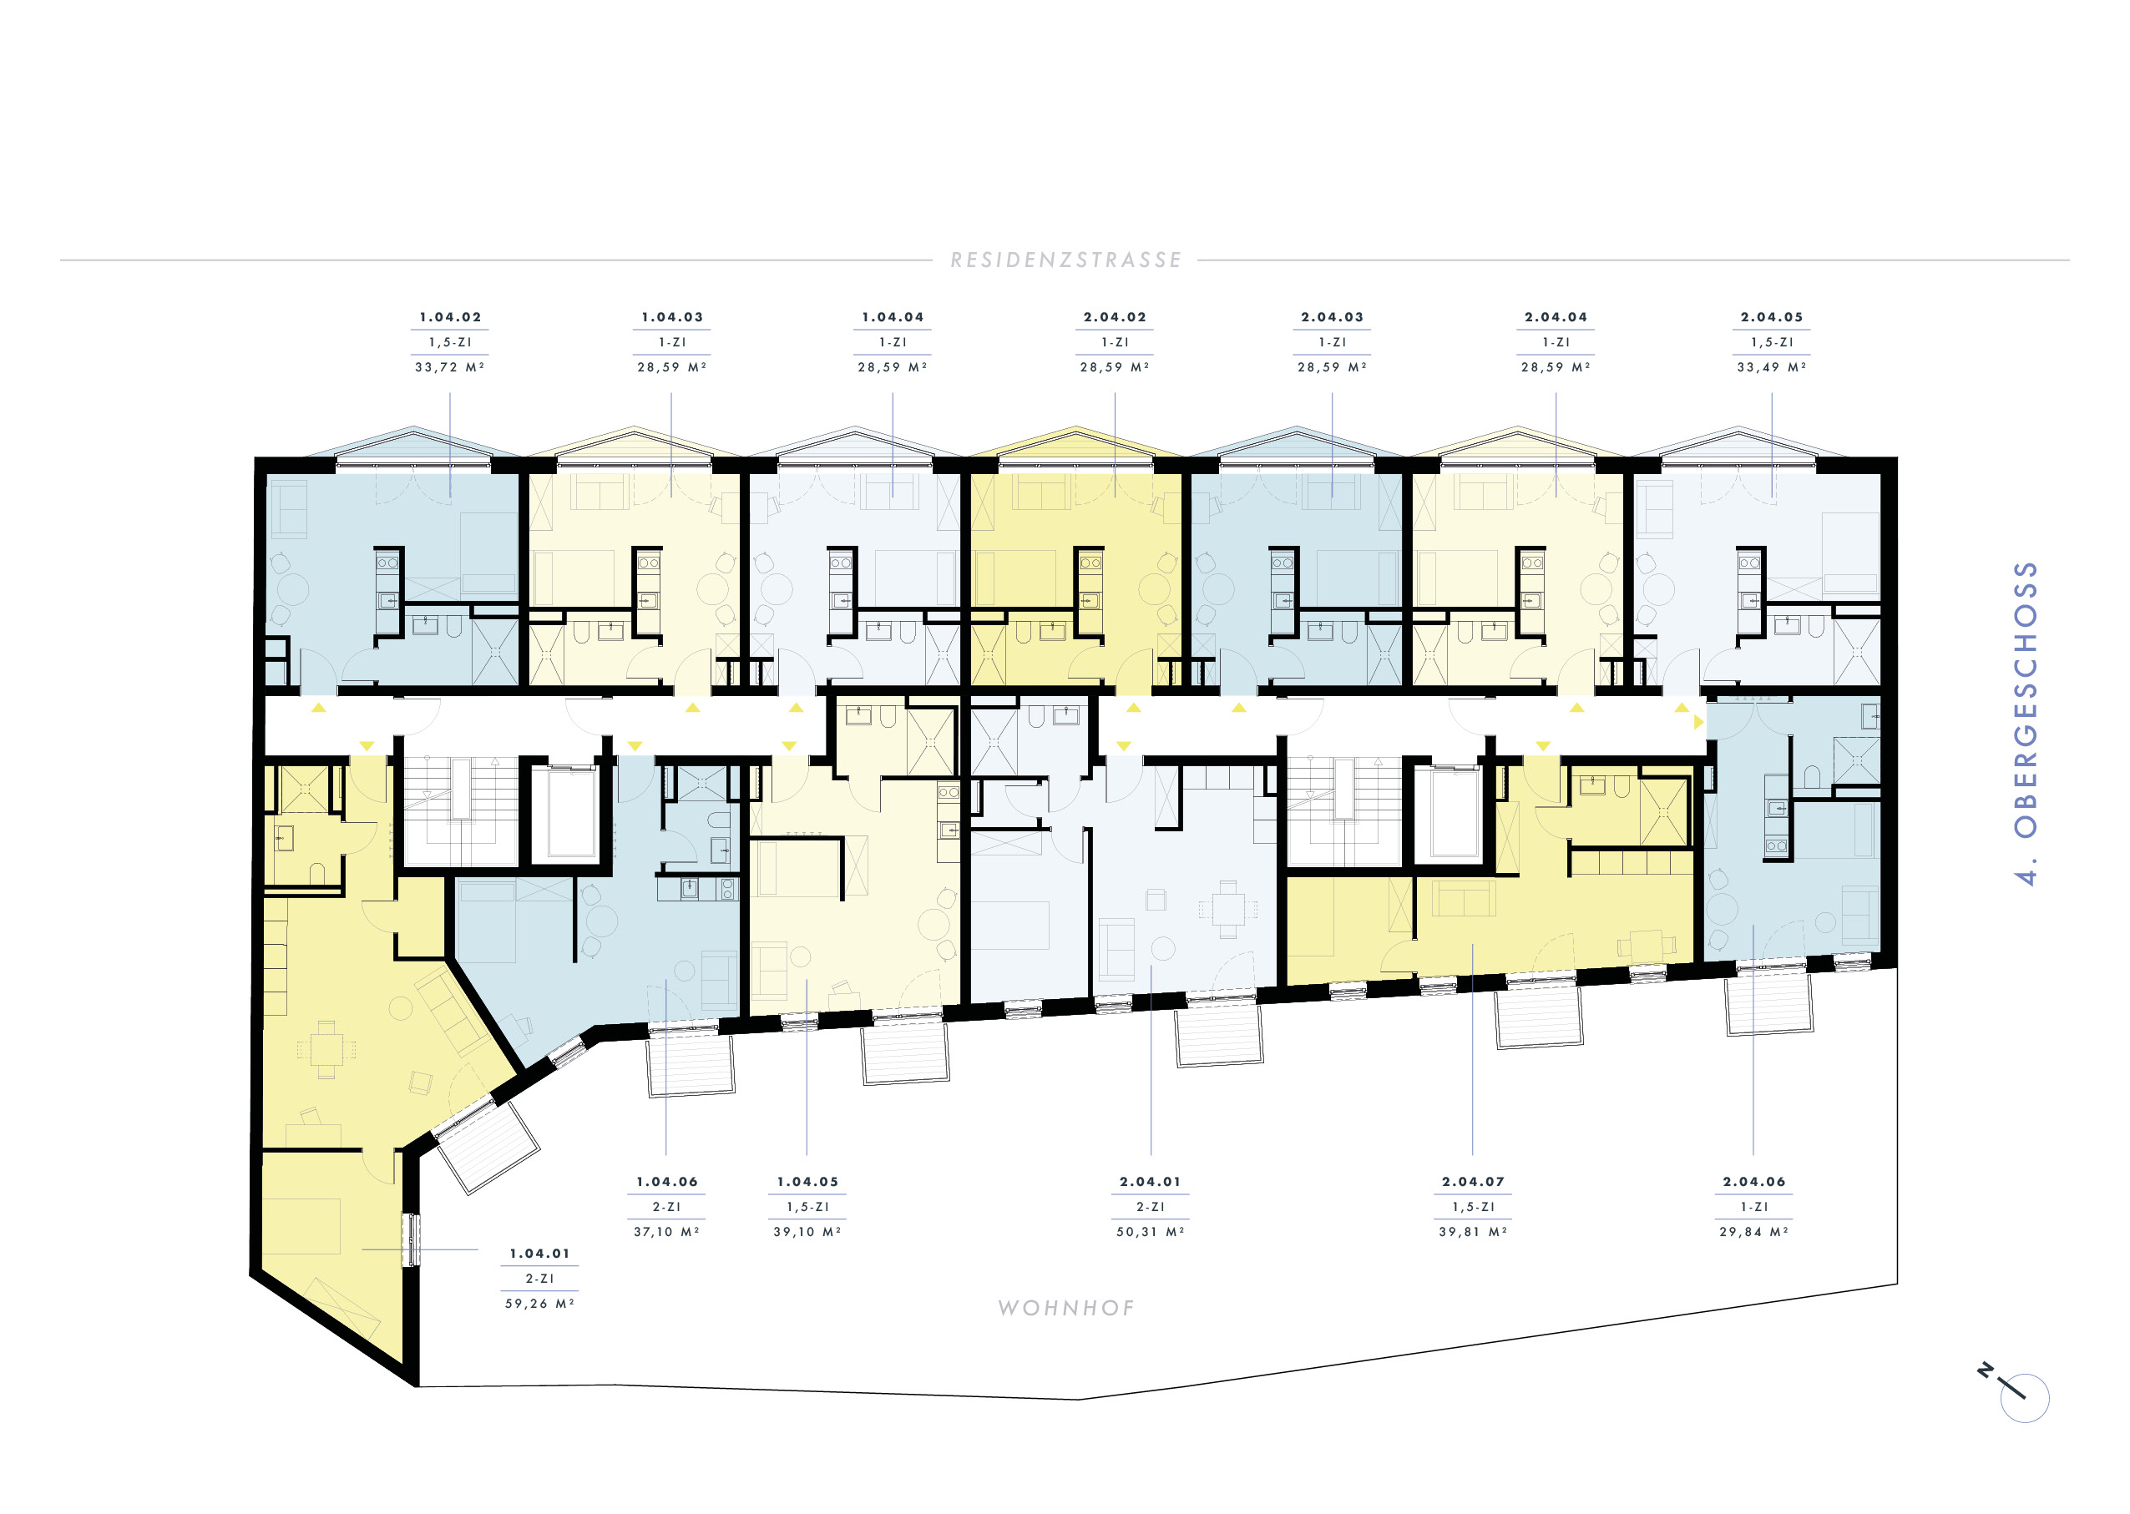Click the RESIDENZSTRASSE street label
(x=1065, y=260)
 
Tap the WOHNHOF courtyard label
(x=1066, y=1308)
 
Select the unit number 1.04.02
(x=450, y=317)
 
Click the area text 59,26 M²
(x=540, y=1304)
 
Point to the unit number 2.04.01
(x=1150, y=1181)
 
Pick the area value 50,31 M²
(x=1150, y=1232)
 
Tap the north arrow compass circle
(x=2025, y=1398)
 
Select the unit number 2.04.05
(x=1772, y=317)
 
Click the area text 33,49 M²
(x=1772, y=367)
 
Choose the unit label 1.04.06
(x=667, y=1181)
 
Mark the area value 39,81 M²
(x=1473, y=1232)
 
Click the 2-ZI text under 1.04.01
(x=540, y=1278)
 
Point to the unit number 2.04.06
(x=1754, y=1181)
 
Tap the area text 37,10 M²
(x=667, y=1232)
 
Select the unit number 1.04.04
(x=893, y=317)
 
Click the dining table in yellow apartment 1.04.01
(x=326, y=1050)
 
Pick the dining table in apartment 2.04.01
(x=1228, y=909)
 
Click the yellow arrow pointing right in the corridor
(x=1698, y=722)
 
